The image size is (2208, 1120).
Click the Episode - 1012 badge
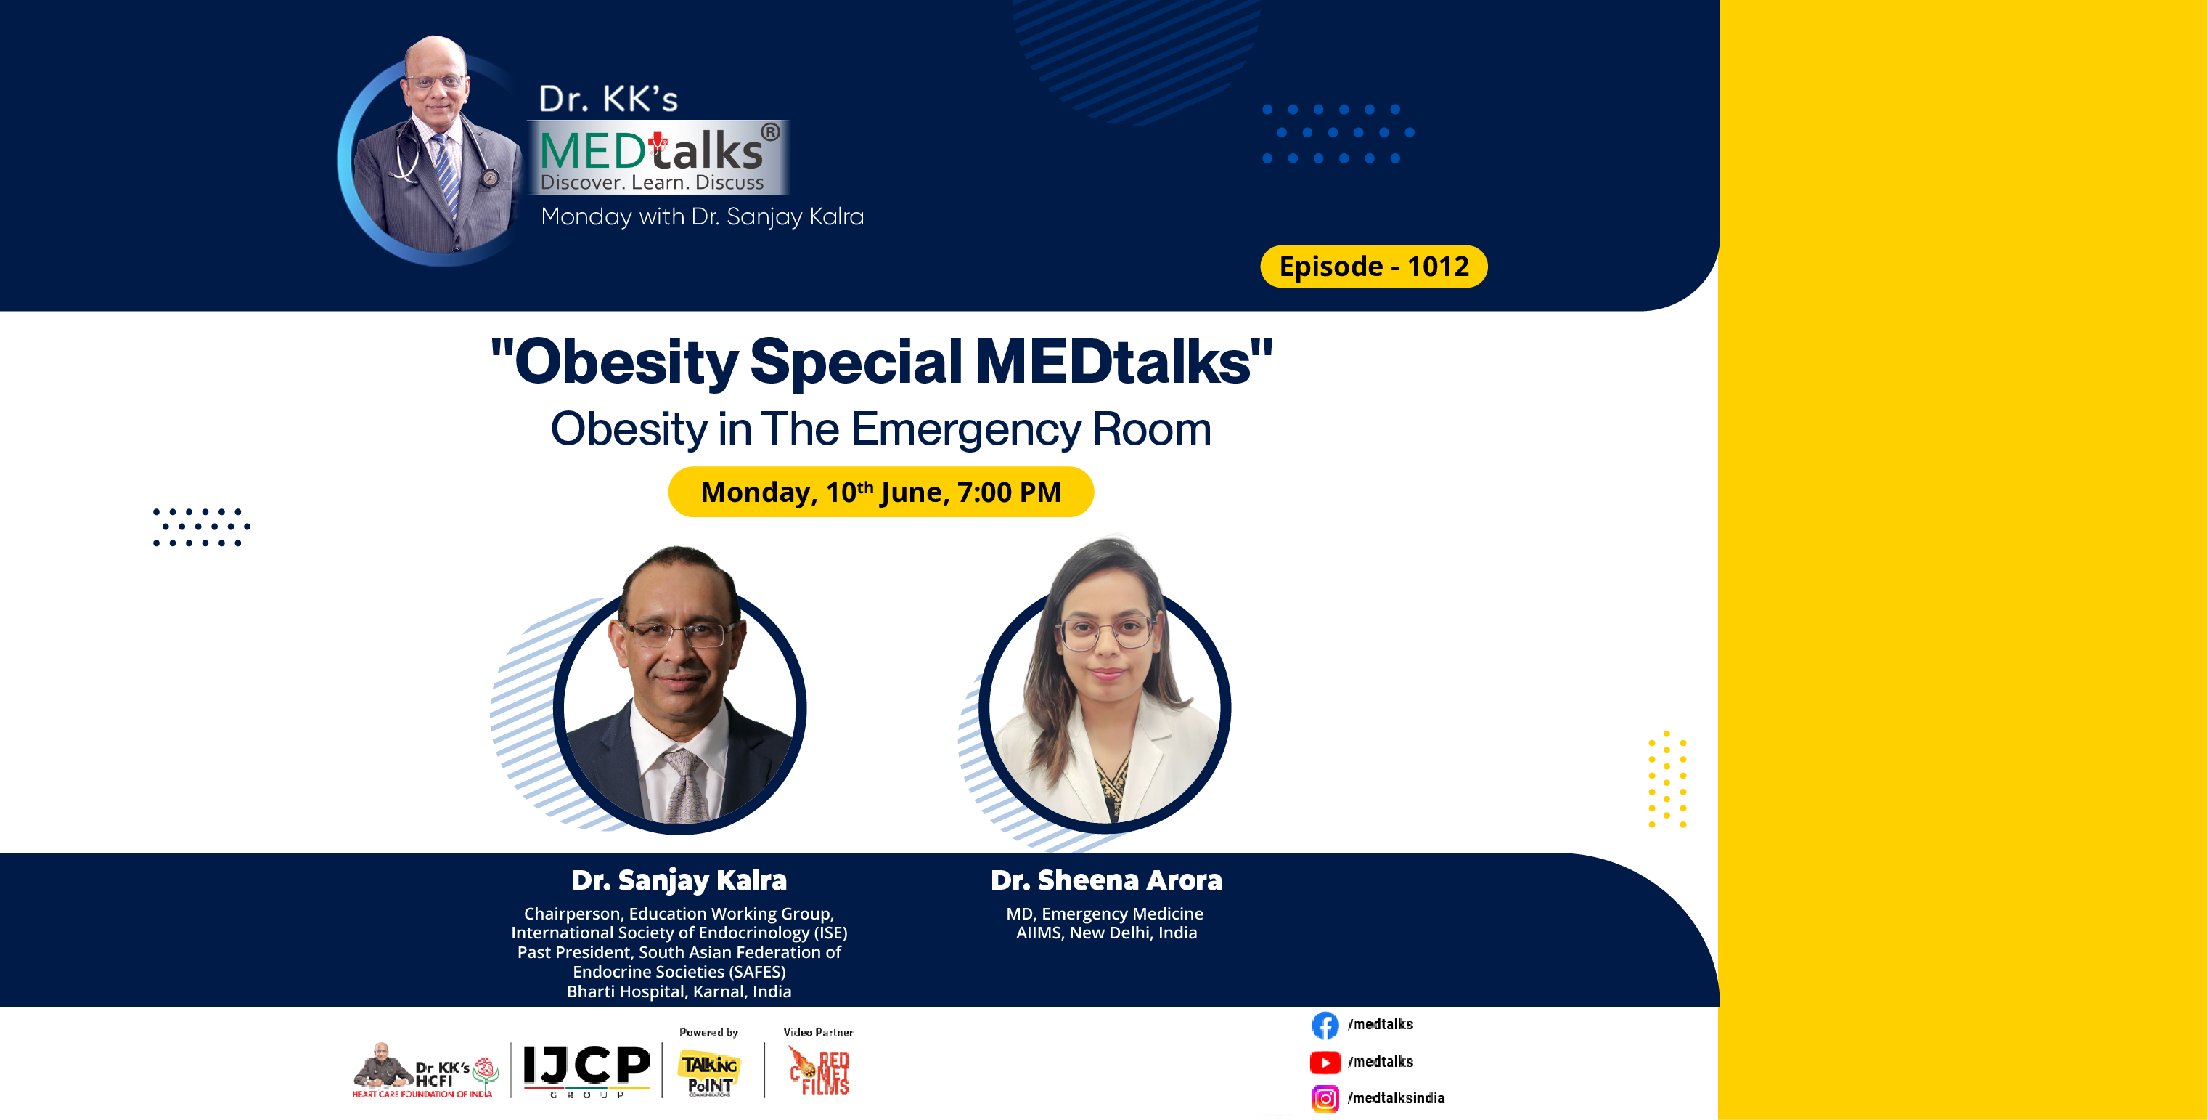1373,267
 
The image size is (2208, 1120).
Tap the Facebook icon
1324,1025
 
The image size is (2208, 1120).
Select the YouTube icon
1324,1063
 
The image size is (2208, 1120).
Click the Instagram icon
1324,1098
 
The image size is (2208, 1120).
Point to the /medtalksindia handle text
1396,1098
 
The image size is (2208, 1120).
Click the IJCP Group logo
586,1068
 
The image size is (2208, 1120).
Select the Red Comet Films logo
819,1072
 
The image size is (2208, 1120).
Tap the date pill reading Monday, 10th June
880,492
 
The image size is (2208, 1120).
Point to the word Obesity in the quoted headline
626,362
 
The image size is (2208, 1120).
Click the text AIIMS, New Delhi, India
1105,933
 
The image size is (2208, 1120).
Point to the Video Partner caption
818,1033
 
